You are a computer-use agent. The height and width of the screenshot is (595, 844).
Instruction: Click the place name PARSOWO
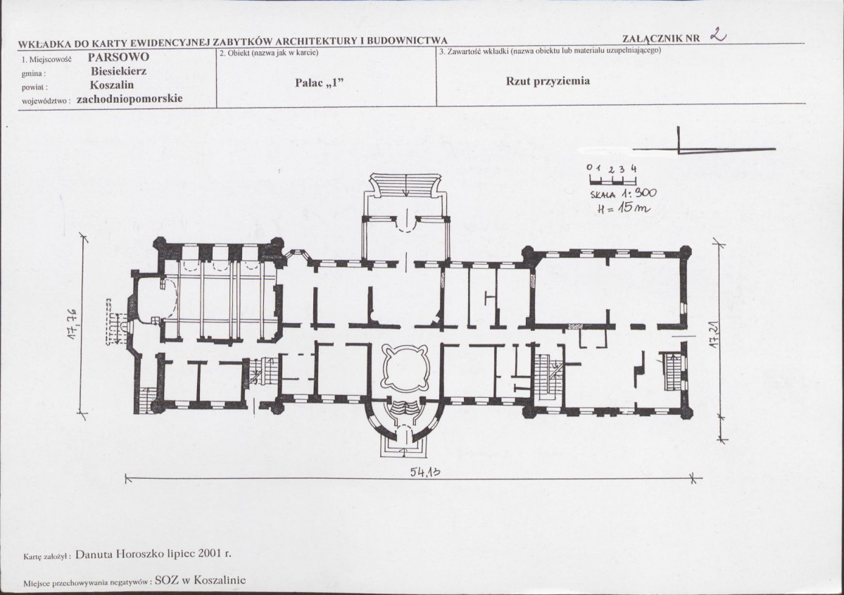pyautogui.click(x=118, y=57)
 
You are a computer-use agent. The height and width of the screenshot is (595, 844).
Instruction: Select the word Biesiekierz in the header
pyautogui.click(x=118, y=71)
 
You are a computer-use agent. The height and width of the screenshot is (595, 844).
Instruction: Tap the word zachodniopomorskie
pyautogui.click(x=130, y=99)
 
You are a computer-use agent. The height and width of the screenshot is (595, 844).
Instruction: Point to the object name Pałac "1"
pyautogui.click(x=319, y=82)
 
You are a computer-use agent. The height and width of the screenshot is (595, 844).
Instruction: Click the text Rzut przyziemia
pyautogui.click(x=548, y=81)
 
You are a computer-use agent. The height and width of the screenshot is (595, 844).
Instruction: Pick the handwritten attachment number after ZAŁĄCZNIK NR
pyautogui.click(x=718, y=35)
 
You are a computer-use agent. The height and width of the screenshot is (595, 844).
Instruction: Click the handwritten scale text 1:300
pyautogui.click(x=639, y=194)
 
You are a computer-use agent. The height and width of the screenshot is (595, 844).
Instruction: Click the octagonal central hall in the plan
pyautogui.click(x=406, y=370)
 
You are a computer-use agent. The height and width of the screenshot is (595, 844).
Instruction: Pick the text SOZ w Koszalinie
pyautogui.click(x=200, y=580)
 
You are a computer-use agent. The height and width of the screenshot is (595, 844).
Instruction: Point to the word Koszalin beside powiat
pyautogui.click(x=112, y=85)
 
